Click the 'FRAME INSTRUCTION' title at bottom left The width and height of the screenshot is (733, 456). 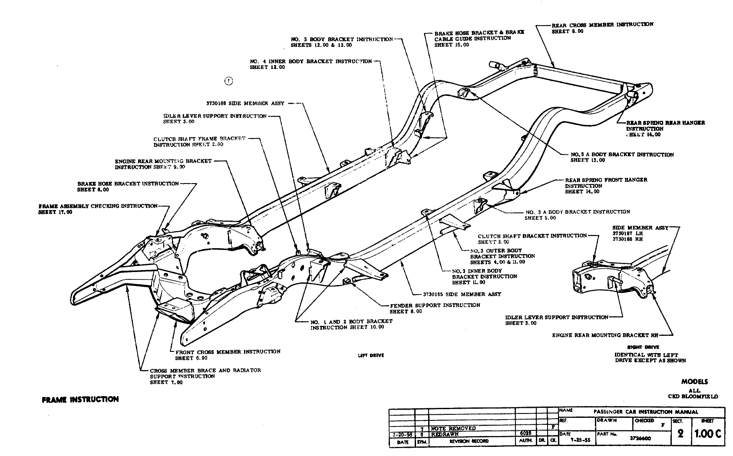80,399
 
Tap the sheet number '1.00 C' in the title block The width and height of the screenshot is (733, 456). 708,433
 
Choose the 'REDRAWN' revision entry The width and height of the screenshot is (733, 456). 445,434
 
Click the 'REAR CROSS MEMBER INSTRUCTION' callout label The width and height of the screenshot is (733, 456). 602,25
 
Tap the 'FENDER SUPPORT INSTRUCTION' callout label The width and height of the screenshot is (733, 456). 435,305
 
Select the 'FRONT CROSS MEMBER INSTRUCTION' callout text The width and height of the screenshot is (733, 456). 228,352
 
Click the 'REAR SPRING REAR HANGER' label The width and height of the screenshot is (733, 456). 665,123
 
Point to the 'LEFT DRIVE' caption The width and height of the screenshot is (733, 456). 370,355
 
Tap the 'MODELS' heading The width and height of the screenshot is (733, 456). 694,382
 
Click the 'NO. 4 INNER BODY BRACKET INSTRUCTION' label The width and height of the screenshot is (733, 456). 311,62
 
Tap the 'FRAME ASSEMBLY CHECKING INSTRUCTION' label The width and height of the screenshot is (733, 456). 98,206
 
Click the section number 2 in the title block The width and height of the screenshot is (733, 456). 680,434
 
